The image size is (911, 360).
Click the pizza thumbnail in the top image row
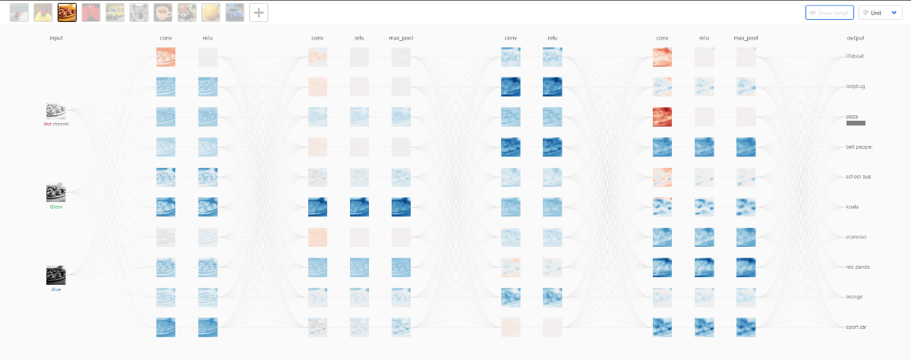click(x=67, y=12)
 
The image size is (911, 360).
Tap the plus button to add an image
click(x=259, y=12)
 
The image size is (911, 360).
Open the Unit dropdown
click(x=880, y=13)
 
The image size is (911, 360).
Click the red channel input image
click(x=55, y=110)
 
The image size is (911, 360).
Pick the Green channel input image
click(x=55, y=192)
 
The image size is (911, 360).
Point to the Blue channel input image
click(x=55, y=274)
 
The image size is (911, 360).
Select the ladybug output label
click(x=856, y=86)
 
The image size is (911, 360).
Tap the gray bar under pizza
click(x=856, y=123)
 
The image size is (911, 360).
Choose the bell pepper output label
click(x=859, y=147)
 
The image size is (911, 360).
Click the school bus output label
click(x=859, y=176)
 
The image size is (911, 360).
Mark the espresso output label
click(x=856, y=237)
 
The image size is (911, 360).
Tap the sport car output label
click(x=857, y=327)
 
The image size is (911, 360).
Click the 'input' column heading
click(x=56, y=38)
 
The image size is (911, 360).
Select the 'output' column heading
click(x=856, y=38)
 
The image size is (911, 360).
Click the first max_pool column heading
click(x=401, y=38)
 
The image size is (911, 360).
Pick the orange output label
click(x=855, y=297)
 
